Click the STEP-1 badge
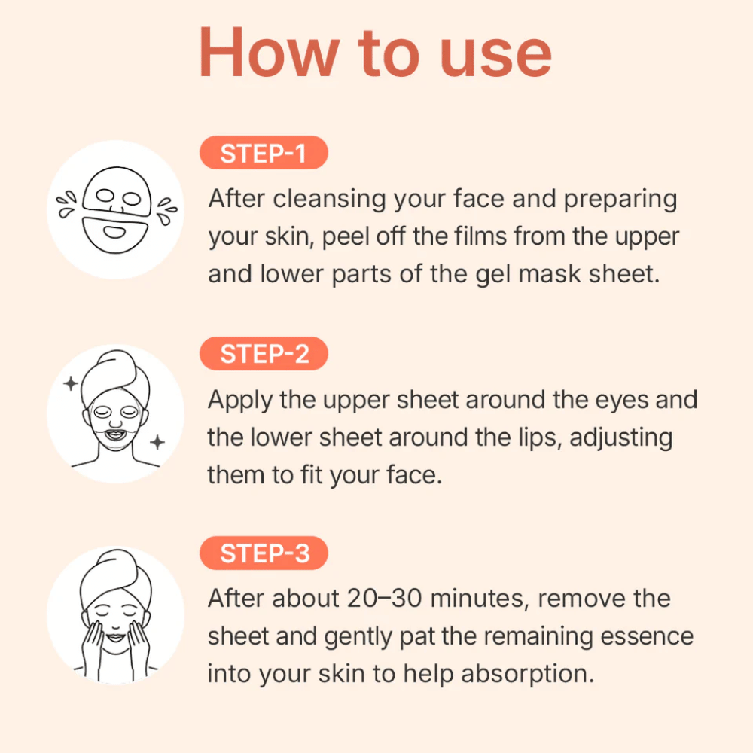point(263,154)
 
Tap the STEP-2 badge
point(264,354)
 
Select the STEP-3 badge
point(264,553)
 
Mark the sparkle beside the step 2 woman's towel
point(71,384)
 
